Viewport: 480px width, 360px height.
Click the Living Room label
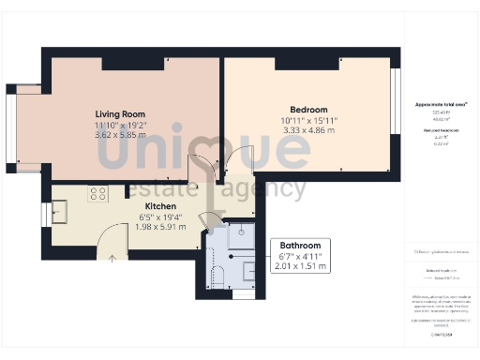pos(120,114)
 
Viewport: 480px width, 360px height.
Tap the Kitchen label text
pos(160,205)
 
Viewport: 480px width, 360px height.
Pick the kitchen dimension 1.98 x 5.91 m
pos(160,228)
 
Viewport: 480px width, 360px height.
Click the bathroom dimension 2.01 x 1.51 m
pos(300,266)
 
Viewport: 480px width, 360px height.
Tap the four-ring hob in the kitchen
pos(97,194)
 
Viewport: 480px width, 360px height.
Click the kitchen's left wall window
pos(45,215)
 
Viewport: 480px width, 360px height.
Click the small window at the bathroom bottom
pos(243,294)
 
